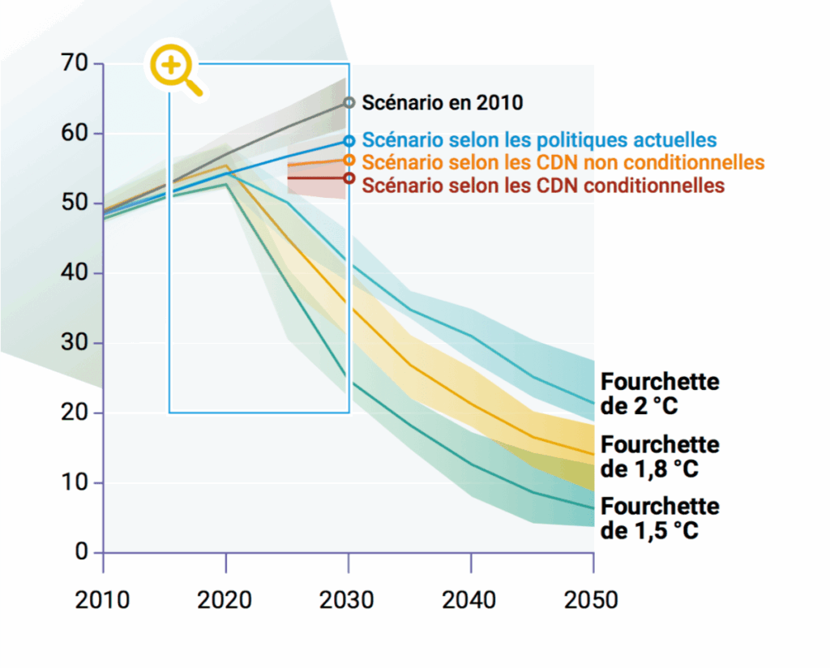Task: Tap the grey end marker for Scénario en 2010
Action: [349, 102]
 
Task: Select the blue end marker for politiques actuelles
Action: [349, 141]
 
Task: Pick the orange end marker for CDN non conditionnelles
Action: [349, 161]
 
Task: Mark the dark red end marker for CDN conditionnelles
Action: [349, 178]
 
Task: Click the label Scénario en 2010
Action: [442, 103]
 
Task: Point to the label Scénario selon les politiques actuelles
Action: [539, 140]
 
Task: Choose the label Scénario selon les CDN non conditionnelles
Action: [563, 162]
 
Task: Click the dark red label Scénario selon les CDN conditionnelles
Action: [543, 185]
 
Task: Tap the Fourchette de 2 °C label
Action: [660, 393]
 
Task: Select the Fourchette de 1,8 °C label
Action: [660, 456]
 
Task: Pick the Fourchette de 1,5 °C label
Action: [660, 519]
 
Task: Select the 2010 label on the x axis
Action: [103, 600]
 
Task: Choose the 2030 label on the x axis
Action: [349, 600]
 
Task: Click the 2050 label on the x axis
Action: [593, 600]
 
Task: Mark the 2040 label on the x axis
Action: [471, 600]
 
